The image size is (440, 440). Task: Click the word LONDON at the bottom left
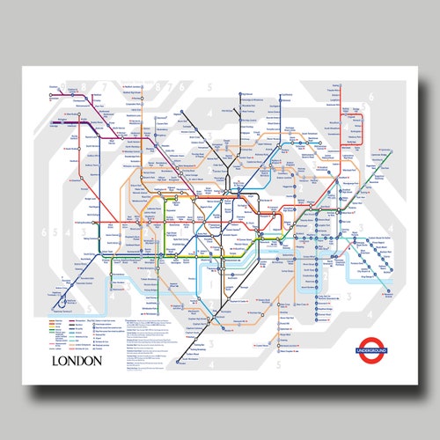77,360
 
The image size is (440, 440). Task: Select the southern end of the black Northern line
173,361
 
